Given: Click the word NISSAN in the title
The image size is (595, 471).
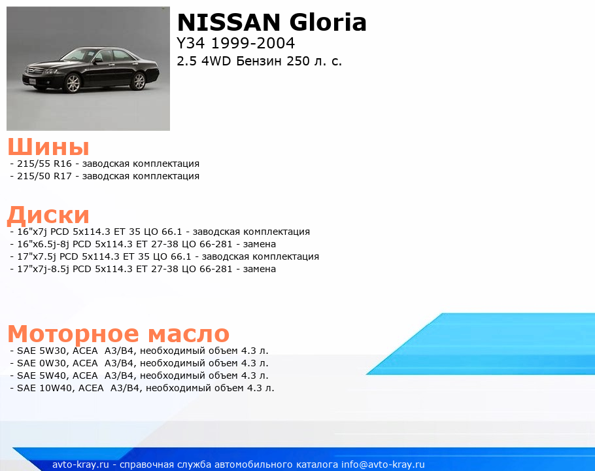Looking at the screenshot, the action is point(229,22).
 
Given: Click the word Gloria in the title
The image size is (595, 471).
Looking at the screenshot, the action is point(328,22).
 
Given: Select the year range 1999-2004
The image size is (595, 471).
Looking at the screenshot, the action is point(253,43).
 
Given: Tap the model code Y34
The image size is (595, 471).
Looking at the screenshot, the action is point(191,43).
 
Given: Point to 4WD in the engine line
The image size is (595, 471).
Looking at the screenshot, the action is point(216,61).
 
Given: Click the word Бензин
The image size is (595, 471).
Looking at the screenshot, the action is point(259,61).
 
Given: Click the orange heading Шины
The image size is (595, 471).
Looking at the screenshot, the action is point(48,147).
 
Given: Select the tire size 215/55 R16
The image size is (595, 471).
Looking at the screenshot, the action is point(44,164).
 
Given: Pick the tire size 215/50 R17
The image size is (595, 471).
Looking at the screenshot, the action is point(44,176).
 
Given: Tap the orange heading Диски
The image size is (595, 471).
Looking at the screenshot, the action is point(48,215).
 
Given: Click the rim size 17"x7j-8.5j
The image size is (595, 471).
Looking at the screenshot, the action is point(43,269).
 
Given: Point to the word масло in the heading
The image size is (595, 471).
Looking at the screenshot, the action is point(188,334).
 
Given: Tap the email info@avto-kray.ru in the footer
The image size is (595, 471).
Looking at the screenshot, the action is point(383,464).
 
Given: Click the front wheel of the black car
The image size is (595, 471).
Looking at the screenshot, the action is point(73,83).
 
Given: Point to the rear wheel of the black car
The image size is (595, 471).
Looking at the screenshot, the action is point(139,81).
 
